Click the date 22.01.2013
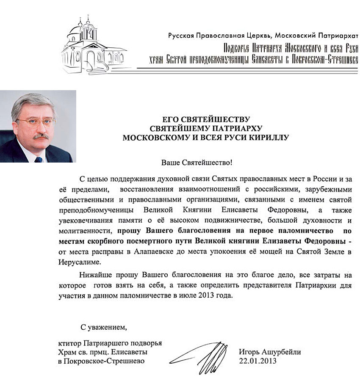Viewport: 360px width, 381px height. (x=258, y=361)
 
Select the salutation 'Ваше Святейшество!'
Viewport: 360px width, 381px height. (x=197, y=162)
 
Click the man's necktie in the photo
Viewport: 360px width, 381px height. (x=39, y=160)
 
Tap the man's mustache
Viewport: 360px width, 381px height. (x=41, y=136)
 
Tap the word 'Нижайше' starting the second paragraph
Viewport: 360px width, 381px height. (x=92, y=275)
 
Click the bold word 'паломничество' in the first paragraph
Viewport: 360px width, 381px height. (x=305, y=231)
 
